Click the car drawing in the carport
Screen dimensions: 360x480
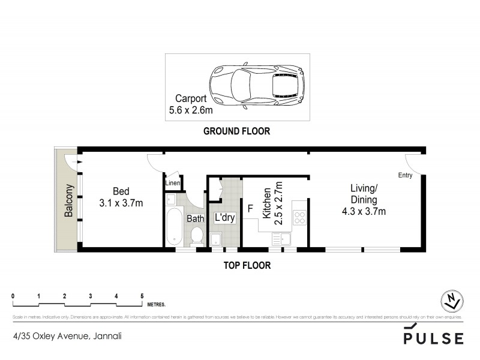(256, 86)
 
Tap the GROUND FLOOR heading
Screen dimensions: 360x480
(236, 131)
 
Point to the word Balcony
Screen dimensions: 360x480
(68, 200)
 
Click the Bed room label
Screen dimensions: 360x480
(121, 197)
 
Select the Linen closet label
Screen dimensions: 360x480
(173, 182)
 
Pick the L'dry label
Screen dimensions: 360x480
(224, 218)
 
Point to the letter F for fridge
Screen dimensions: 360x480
(250, 209)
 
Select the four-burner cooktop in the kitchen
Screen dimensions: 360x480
(299, 217)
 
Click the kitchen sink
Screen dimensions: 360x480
(280, 240)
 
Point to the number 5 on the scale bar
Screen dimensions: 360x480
(142, 296)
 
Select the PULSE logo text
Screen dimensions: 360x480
(433, 338)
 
